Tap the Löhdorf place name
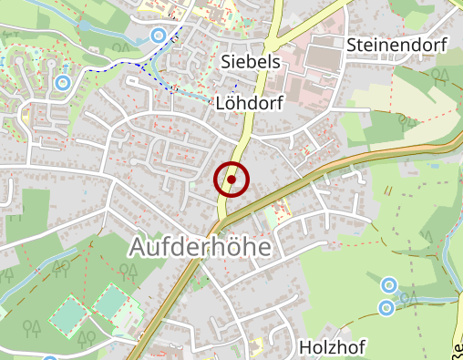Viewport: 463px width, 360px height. pos(251,103)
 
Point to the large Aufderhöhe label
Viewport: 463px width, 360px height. pos(201,246)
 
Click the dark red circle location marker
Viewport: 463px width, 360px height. pos(231,180)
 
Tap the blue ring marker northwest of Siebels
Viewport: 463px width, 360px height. pos(159,36)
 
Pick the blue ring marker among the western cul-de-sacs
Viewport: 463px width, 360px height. pos(62,83)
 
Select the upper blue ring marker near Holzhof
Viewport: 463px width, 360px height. pos(389,286)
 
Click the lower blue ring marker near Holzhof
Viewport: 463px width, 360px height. pos(386,308)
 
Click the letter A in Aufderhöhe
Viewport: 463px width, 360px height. pos(140,247)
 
